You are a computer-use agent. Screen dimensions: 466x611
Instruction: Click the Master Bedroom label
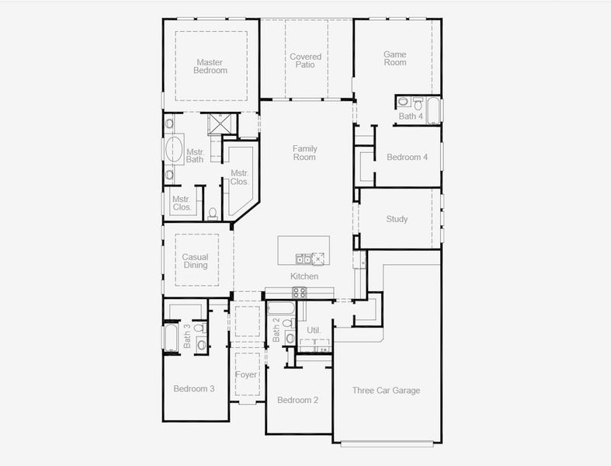[211, 66]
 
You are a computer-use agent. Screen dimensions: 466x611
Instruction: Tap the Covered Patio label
[305, 61]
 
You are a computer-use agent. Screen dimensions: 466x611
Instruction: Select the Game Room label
[394, 58]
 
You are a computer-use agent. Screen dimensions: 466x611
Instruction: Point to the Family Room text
[304, 152]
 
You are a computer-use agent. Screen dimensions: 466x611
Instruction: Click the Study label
[397, 219]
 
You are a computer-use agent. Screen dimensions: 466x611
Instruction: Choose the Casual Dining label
[195, 261]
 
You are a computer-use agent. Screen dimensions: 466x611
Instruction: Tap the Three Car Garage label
[386, 391]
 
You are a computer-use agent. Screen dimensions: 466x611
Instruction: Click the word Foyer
[246, 375]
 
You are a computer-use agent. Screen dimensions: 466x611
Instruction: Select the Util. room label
[314, 330]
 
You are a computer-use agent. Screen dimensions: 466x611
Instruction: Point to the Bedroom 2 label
[298, 400]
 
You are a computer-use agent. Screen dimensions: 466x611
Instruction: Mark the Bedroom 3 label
[194, 388]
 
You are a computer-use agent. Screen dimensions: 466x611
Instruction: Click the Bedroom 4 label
[407, 158]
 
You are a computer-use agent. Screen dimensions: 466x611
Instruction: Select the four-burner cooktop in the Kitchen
[300, 292]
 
